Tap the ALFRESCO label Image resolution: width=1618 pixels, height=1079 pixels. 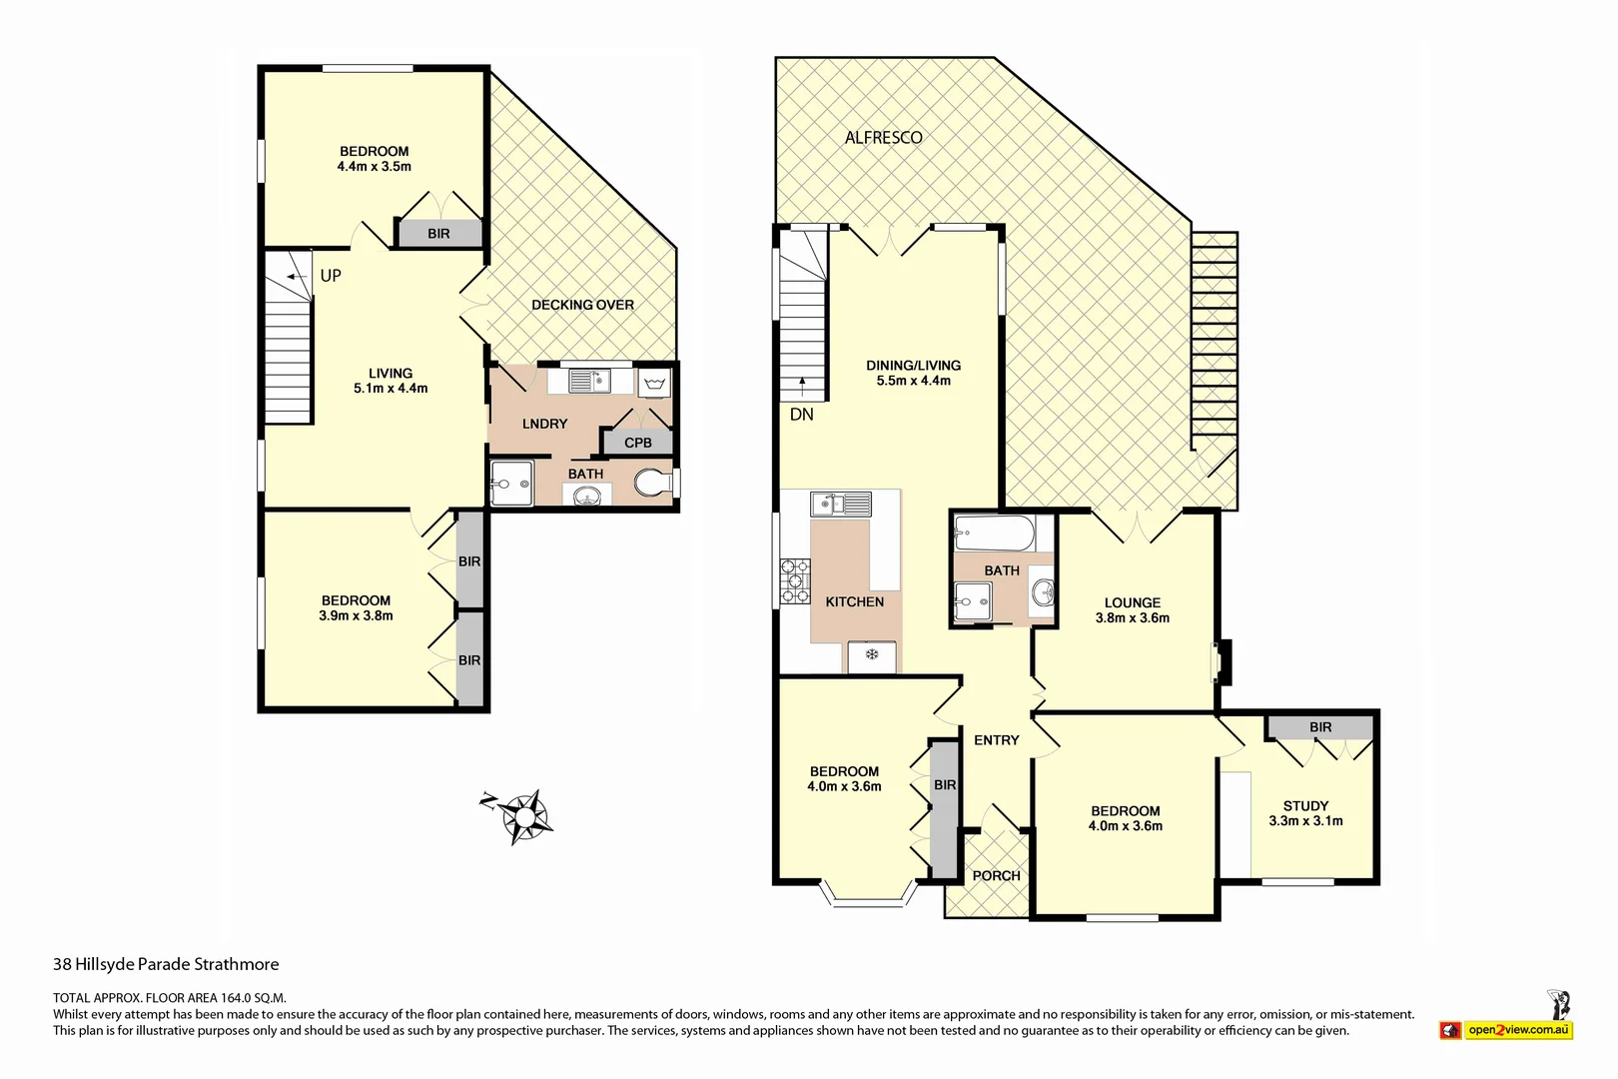coord(883,138)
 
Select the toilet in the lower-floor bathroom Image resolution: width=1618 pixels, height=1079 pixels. coord(653,484)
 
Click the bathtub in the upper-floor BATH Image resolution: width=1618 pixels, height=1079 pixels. coord(994,533)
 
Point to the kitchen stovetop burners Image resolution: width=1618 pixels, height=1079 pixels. coord(795,580)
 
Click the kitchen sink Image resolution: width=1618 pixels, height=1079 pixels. coord(840,504)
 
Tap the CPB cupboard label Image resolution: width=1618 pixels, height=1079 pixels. coord(637,443)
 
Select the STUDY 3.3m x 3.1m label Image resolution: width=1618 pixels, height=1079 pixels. coord(1305,813)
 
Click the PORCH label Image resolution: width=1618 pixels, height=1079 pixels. coord(996,876)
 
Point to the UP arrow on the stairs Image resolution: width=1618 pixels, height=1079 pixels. coord(296,277)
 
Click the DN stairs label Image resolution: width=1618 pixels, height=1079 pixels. coord(801,414)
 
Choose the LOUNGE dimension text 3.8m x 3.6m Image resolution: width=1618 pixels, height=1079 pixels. coord(1132,618)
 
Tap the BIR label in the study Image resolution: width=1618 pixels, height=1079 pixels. coord(1320,727)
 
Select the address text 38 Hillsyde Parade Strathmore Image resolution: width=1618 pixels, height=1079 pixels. coord(166,964)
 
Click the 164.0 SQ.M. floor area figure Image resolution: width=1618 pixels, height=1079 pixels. coord(253,997)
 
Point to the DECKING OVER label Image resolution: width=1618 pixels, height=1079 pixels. coord(582,305)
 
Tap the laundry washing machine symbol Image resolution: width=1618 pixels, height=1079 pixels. coord(655,383)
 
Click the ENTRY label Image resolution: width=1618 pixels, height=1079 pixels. coord(996,740)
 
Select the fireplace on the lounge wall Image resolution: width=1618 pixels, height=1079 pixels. coord(1221,660)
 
